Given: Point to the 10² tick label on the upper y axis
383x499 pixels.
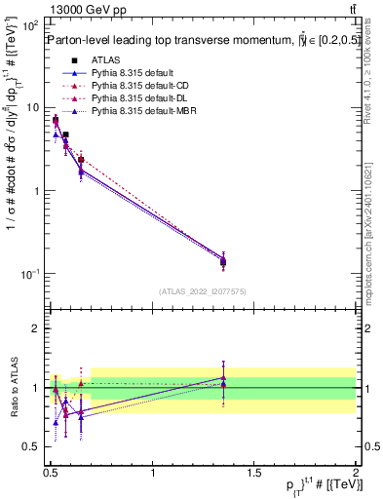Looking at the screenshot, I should pyautogui.click(x=31, y=23).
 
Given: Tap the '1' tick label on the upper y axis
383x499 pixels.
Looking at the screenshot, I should pyautogui.click(x=37, y=191).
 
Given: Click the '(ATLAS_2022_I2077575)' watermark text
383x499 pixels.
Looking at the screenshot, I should pyautogui.click(x=203, y=291).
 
